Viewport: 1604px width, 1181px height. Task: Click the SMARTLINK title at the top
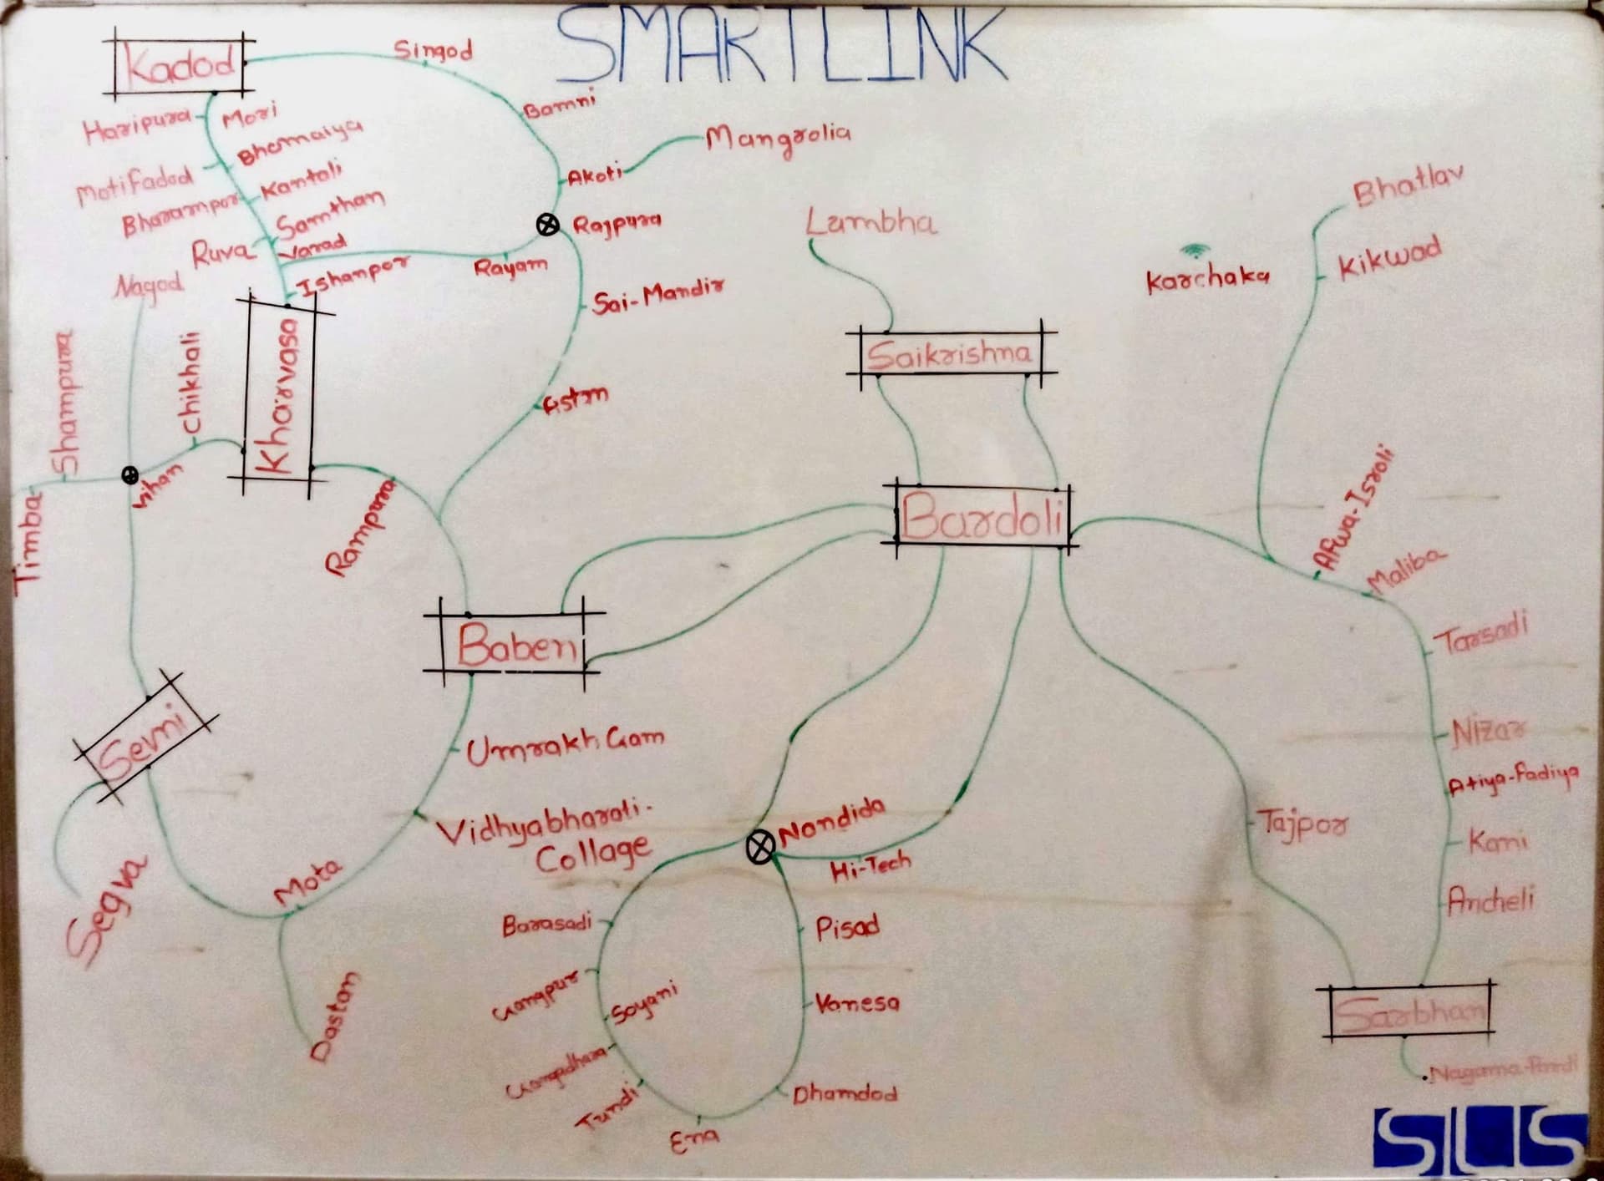click(781, 46)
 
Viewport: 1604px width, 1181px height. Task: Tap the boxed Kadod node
click(180, 64)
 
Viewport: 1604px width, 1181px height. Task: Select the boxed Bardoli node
click(982, 517)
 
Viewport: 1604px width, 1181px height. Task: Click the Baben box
click(515, 644)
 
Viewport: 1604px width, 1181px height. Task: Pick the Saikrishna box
click(949, 355)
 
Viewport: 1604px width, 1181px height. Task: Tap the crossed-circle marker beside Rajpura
click(547, 224)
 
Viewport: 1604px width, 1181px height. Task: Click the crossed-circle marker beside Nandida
click(759, 847)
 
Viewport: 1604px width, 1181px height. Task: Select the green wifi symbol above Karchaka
click(1195, 250)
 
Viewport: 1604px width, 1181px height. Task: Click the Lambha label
click(871, 223)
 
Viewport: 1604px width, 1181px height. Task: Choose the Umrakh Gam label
click(565, 746)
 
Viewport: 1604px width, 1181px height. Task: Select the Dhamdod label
click(845, 1093)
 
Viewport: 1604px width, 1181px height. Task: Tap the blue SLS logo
click(1479, 1140)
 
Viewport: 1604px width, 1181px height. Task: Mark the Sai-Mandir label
click(658, 295)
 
